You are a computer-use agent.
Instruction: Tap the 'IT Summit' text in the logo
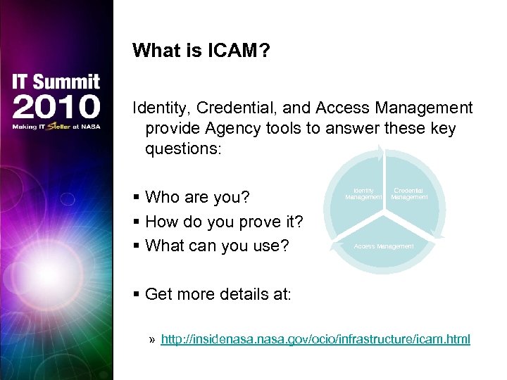(56, 82)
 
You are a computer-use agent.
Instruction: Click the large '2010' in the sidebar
(56, 107)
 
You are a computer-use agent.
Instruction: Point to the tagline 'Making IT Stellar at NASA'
(56, 127)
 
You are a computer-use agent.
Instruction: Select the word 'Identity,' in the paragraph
(162, 108)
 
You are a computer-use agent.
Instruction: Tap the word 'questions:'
(182, 149)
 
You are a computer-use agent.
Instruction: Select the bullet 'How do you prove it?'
(224, 222)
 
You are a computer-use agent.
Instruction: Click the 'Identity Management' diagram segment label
(363, 194)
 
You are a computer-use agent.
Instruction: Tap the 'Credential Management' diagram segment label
(409, 194)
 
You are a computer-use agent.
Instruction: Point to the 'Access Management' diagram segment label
(384, 246)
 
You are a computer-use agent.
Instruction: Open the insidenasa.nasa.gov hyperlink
(315, 339)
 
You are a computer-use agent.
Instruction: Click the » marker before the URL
(153, 340)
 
